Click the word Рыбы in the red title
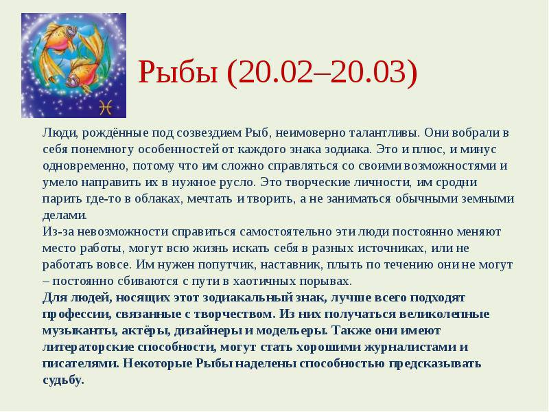click(x=178, y=72)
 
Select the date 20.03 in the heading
click(x=369, y=72)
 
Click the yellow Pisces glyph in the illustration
click(x=106, y=107)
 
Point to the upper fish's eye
click(x=71, y=31)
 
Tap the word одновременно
click(x=84, y=166)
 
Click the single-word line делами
click(x=65, y=216)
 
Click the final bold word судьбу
click(x=63, y=380)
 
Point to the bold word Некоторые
click(x=157, y=364)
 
